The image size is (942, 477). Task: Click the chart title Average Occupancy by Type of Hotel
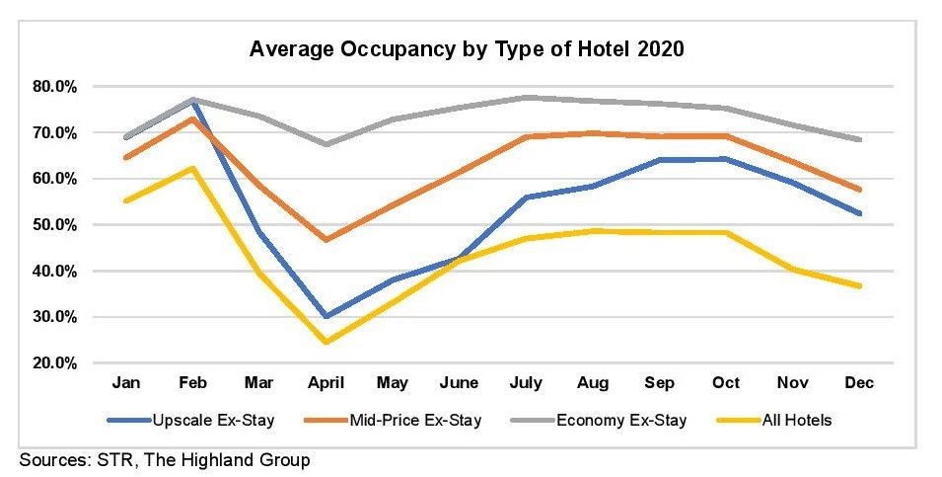[x=467, y=49]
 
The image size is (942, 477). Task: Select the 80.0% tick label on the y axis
[x=56, y=87]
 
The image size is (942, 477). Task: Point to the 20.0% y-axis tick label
[x=56, y=363]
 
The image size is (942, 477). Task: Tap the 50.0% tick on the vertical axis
[x=56, y=225]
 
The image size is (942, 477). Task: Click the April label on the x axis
[x=326, y=382]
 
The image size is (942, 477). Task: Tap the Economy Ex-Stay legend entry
[x=621, y=421]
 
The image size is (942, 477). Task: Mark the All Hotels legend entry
[x=796, y=421]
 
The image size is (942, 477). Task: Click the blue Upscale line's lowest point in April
[x=326, y=317]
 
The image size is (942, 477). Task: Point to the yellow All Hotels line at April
[x=326, y=343]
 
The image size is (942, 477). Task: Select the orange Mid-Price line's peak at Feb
[x=193, y=119]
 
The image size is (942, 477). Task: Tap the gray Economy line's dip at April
[x=326, y=144]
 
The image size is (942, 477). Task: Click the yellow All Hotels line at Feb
[x=193, y=168]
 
